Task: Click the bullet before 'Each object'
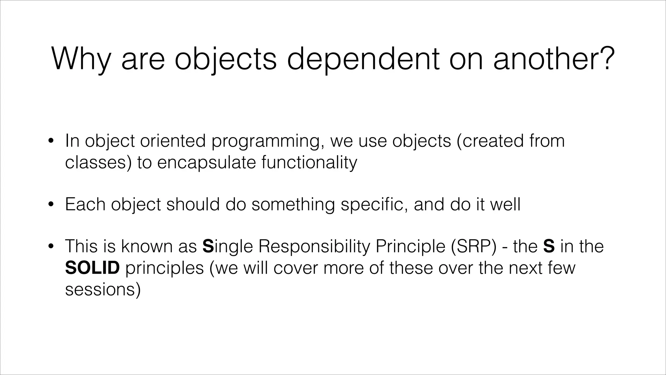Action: pos(50,205)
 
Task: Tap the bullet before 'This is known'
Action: pos(50,247)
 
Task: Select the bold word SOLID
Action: pos(92,268)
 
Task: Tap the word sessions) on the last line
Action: pos(103,289)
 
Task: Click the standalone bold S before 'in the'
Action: pos(549,246)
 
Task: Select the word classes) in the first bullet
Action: pos(98,162)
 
